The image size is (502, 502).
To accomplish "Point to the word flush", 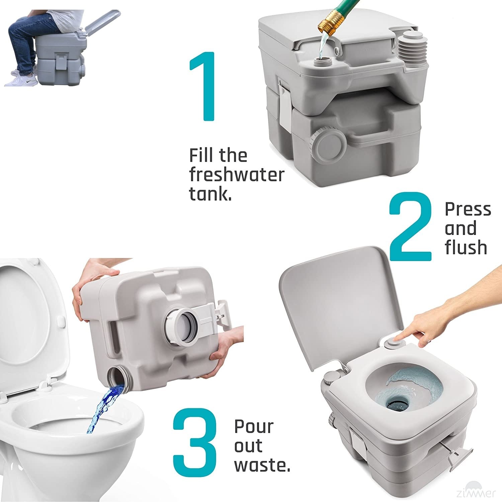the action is click(x=466, y=247).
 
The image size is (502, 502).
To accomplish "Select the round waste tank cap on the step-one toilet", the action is click(x=328, y=146).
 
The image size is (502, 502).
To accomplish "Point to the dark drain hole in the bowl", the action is click(x=397, y=404).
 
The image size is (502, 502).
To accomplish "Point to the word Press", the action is click(x=468, y=210).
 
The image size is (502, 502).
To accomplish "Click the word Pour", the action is click(x=254, y=426).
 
